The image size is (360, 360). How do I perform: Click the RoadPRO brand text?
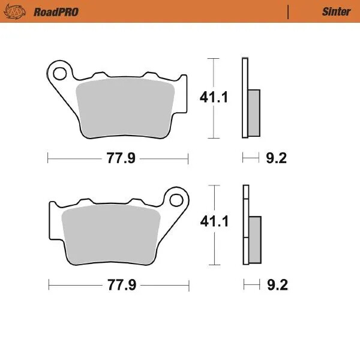[56, 11]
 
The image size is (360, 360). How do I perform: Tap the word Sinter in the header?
[336, 11]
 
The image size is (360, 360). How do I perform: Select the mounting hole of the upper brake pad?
[59, 74]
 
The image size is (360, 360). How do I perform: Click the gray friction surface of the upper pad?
[126, 108]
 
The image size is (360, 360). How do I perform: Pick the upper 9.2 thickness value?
[276, 159]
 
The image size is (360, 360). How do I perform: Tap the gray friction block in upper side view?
[254, 112]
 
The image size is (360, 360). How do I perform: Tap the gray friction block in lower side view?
[255, 239]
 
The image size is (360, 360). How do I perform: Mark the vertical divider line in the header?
[289, 11]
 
